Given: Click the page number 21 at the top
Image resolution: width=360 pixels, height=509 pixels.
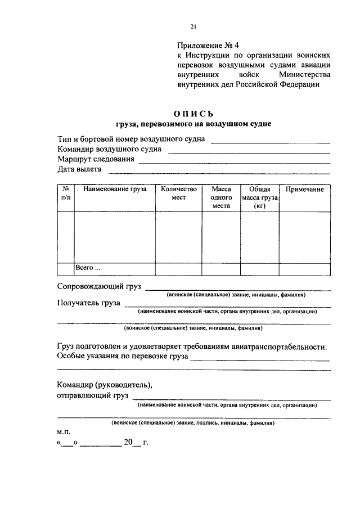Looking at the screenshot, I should point(193,26).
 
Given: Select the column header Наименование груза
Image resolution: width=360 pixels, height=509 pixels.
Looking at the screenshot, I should point(115,190).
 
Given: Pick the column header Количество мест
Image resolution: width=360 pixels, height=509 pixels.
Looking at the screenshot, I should point(178,194).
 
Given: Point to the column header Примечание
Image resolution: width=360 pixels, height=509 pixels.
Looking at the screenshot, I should point(304,190).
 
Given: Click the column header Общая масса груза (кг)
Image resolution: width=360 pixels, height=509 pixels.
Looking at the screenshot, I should point(259,198).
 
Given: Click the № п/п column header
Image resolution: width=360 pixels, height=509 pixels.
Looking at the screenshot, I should point(66,194).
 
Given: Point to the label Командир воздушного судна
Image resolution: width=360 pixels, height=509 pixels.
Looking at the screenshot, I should point(110,149).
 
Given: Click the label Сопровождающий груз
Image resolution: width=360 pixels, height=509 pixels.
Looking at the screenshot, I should point(100,286).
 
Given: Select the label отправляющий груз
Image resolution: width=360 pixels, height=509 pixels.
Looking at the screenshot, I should point(89,397).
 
